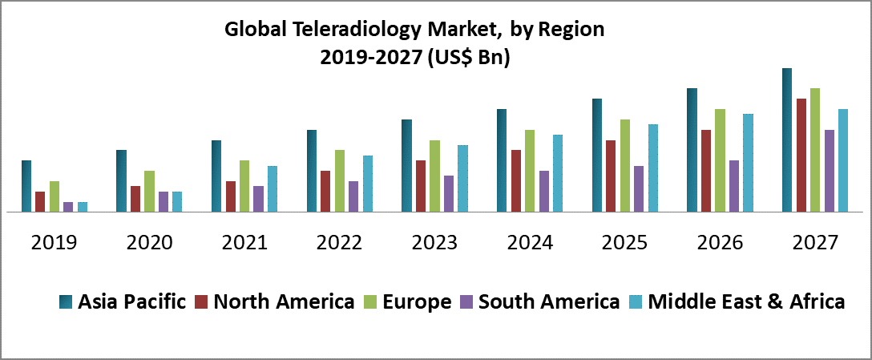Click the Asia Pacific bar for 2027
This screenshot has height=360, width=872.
(787, 140)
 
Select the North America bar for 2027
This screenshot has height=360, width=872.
(801, 156)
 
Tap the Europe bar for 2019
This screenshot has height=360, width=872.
(54, 196)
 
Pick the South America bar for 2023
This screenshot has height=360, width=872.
(449, 194)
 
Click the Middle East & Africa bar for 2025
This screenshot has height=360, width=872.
(653, 168)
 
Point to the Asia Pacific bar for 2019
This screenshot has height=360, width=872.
(26, 186)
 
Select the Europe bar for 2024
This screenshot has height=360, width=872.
(530, 171)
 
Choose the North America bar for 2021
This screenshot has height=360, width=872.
(231, 196)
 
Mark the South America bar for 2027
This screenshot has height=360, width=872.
(830, 171)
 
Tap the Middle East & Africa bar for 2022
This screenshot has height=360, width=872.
(368, 184)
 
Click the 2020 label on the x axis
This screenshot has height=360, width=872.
(150, 242)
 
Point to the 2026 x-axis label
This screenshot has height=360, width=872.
(721, 242)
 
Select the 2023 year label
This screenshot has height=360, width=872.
(435, 242)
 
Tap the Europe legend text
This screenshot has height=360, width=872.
(418, 302)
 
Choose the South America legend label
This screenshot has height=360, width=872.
(549, 302)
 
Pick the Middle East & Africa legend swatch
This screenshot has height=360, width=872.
(637, 302)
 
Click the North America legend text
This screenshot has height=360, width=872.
(285, 302)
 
